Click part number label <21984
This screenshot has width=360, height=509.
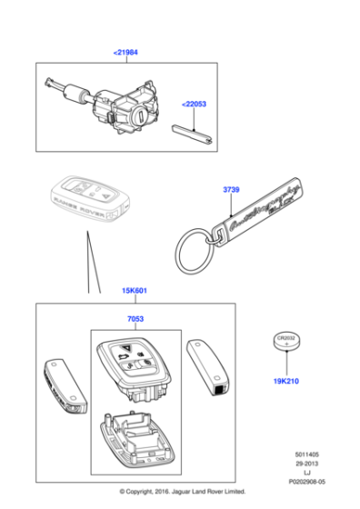pyautogui.click(x=126, y=53)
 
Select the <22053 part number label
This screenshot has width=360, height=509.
pyautogui.click(x=194, y=105)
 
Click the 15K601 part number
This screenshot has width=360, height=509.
pyautogui.click(x=134, y=291)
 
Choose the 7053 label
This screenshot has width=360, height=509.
pyautogui.click(x=135, y=320)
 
